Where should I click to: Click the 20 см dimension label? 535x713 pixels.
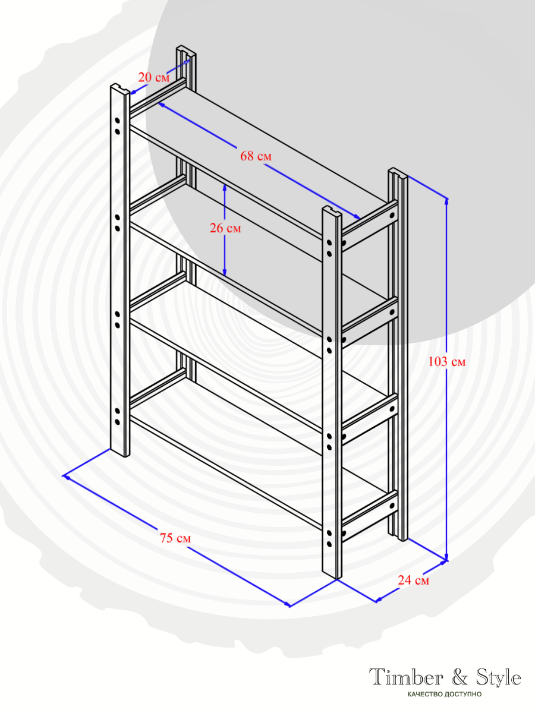point(154,77)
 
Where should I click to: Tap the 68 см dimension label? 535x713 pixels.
point(256,156)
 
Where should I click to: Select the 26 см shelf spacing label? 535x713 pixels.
point(225,228)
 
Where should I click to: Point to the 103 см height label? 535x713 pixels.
point(447,361)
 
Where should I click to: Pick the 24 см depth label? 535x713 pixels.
point(414,580)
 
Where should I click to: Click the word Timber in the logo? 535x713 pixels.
point(406,677)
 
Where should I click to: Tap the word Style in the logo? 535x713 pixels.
point(499,677)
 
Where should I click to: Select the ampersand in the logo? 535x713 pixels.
point(460,677)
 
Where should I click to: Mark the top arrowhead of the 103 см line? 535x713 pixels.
point(446,201)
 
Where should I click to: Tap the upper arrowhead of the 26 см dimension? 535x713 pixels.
point(225,187)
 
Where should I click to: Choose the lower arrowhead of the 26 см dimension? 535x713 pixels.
point(225,272)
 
